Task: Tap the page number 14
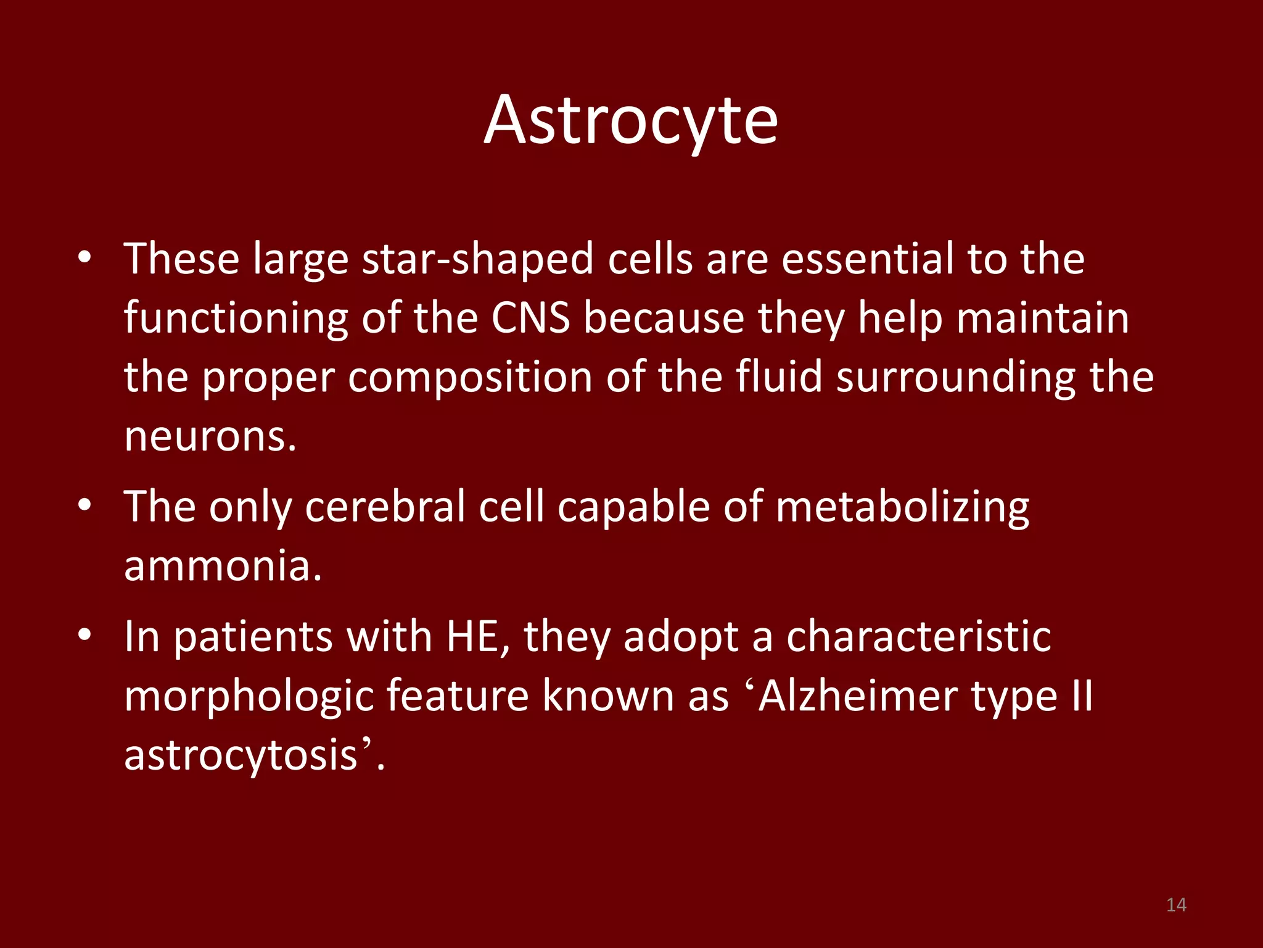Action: click(x=1176, y=905)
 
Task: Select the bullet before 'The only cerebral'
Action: click(x=85, y=505)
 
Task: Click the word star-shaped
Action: click(x=478, y=259)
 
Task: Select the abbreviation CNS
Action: click(x=530, y=318)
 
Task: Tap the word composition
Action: click(x=470, y=378)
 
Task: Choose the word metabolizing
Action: click(x=902, y=507)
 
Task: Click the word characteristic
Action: click(x=918, y=637)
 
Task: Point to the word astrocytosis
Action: click(x=241, y=755)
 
